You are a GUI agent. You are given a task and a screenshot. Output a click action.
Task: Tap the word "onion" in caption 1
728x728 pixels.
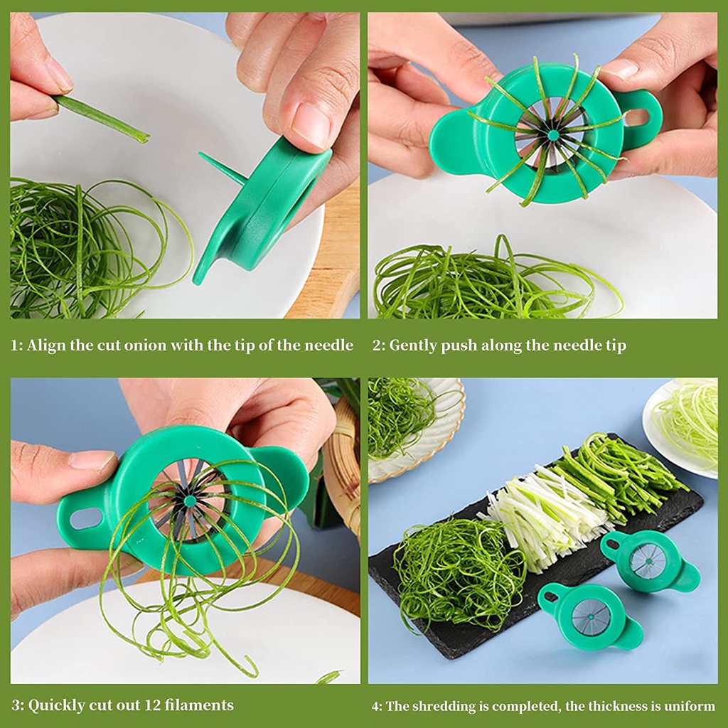coord(165,346)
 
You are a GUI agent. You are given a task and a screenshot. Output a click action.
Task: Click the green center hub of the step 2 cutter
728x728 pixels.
coord(552,134)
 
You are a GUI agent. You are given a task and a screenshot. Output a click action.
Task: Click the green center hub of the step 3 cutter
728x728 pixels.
coord(189,501)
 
